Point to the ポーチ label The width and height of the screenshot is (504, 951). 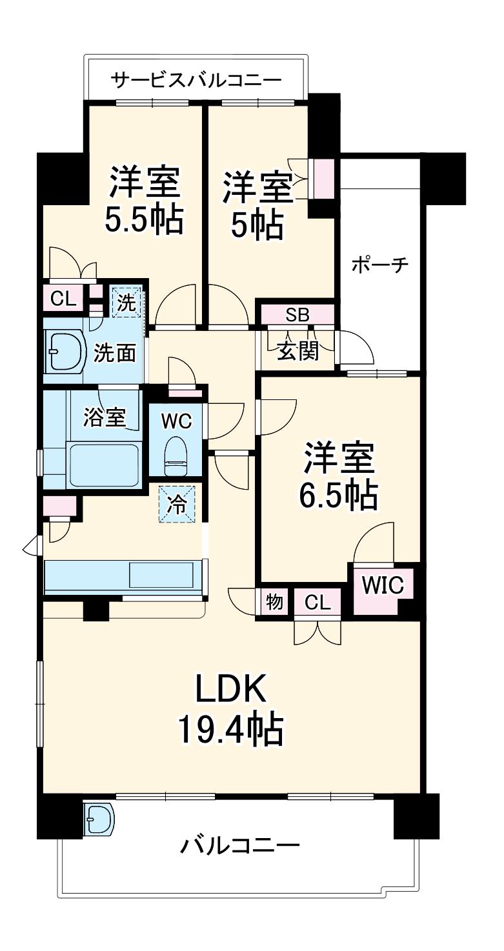(379, 265)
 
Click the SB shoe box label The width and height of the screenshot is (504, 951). (297, 315)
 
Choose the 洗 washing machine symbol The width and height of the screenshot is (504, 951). (126, 303)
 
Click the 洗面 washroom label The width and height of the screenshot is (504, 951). (115, 352)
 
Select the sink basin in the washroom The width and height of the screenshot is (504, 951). (66, 352)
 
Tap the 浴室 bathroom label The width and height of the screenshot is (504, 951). (105, 417)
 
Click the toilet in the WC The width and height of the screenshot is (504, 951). (176, 457)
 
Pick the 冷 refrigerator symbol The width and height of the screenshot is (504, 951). (177, 505)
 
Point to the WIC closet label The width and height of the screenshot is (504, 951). (383, 586)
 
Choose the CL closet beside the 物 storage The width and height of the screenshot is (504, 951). (318, 603)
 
